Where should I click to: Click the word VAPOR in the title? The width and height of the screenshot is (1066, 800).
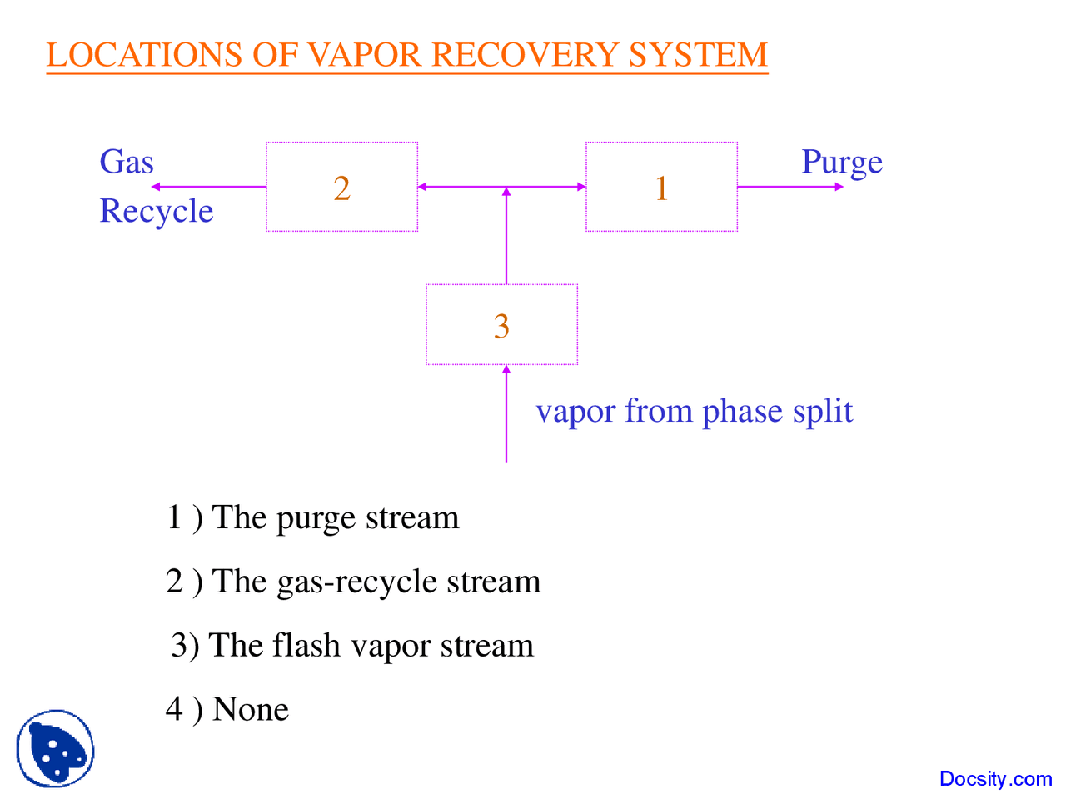pos(365,55)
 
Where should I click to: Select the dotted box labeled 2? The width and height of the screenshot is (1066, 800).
pos(341,187)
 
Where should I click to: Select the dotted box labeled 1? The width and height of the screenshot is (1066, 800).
pos(661,187)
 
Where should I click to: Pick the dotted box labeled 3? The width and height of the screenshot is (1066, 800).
pos(501,325)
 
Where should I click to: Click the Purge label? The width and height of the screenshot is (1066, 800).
pos(841,162)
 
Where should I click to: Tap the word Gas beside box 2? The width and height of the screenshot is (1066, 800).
pos(127,162)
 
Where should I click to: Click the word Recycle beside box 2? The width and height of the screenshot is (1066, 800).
pos(157,211)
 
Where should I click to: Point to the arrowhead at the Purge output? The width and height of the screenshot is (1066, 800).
pos(839,187)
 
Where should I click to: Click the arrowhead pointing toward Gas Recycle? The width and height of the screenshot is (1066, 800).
pos(156,187)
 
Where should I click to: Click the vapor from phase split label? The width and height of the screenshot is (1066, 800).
pos(694,411)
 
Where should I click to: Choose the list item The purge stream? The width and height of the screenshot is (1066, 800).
pos(312,517)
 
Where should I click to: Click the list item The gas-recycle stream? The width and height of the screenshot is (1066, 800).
pos(353,582)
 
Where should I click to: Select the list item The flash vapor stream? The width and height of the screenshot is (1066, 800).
pos(352,646)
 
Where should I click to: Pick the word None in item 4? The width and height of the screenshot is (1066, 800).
pos(251,709)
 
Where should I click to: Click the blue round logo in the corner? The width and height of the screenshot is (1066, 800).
pos(55,748)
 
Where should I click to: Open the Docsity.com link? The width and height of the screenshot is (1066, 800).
pos(995,779)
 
